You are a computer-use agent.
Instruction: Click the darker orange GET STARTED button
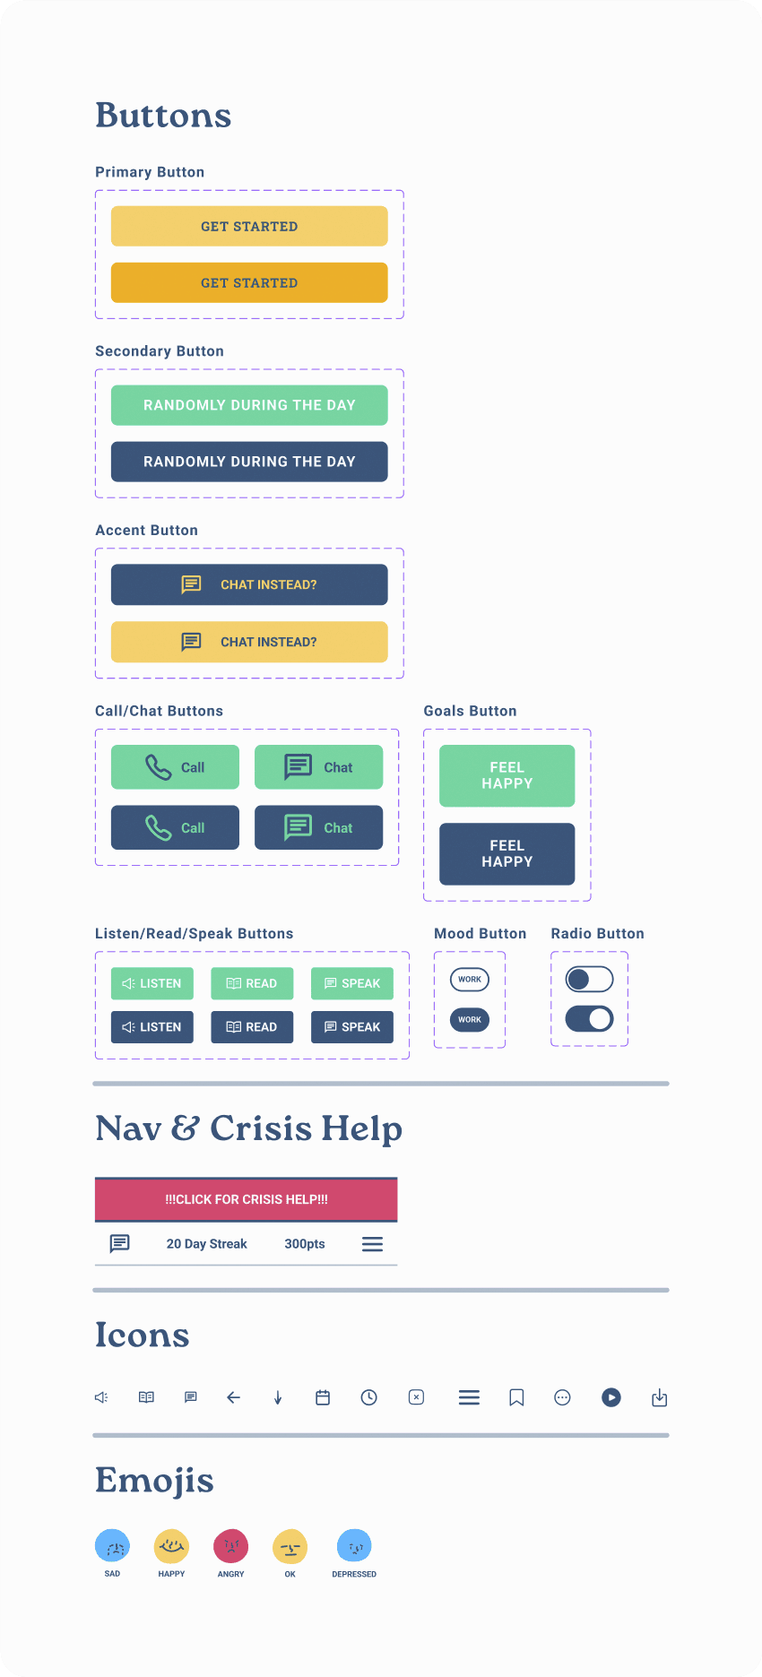[x=249, y=282]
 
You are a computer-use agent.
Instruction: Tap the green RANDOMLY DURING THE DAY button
[x=249, y=405]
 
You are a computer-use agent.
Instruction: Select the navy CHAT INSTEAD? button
[x=249, y=584]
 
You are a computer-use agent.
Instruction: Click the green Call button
[x=175, y=767]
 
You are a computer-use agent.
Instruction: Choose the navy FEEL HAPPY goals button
[x=507, y=853]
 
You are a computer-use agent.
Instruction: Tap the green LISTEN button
[x=152, y=983]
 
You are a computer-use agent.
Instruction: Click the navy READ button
[x=252, y=1027]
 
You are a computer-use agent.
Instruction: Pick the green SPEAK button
[x=352, y=983]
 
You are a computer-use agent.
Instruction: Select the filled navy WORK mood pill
[x=470, y=1019]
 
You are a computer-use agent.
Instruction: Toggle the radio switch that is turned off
[x=589, y=979]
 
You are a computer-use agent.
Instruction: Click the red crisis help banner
[x=246, y=1199]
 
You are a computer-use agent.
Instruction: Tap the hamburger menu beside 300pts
[x=372, y=1244]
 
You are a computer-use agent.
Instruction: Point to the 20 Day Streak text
[x=206, y=1244]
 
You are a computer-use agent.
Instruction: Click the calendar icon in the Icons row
[x=323, y=1397]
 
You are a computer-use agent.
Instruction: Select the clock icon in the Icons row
[x=368, y=1397]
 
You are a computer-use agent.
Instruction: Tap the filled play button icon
[x=611, y=1397]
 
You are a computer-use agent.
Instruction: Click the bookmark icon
[x=516, y=1397]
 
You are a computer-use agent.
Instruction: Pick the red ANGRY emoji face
[x=230, y=1546]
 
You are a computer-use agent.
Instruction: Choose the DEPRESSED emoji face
[x=354, y=1546]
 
